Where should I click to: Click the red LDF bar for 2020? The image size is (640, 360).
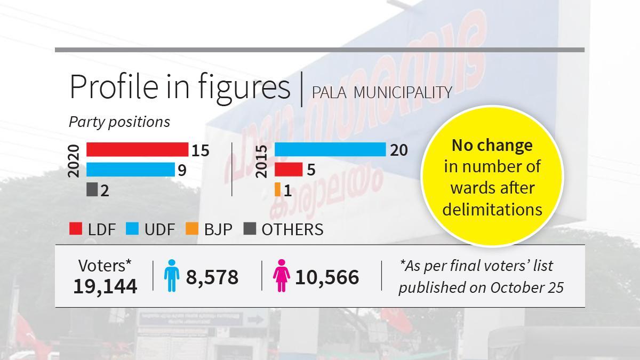point(137,150)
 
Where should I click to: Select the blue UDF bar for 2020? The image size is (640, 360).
point(130,170)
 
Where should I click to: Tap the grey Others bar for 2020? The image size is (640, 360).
point(92,189)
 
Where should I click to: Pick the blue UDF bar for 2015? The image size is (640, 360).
point(330,150)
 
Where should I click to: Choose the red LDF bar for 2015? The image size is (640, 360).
point(288,170)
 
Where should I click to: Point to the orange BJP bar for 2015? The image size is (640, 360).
point(277,189)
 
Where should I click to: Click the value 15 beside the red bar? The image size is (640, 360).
point(201,151)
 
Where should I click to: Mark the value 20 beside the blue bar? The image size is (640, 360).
point(399,151)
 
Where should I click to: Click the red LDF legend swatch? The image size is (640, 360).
point(76,229)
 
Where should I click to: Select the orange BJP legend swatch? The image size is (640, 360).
point(192,229)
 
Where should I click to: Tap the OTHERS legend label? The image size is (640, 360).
point(292,229)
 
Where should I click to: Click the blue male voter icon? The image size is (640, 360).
point(171,276)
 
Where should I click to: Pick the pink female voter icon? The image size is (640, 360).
point(280,276)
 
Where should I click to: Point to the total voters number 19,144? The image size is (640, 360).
point(105,286)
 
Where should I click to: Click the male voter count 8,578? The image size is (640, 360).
point(212,277)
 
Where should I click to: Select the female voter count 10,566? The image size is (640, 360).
point(326,277)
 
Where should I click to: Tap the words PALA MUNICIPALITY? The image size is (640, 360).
point(382,92)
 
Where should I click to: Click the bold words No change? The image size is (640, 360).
point(492,145)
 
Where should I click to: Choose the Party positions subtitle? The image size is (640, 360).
point(119,122)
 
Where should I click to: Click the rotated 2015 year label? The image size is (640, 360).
point(262,160)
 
